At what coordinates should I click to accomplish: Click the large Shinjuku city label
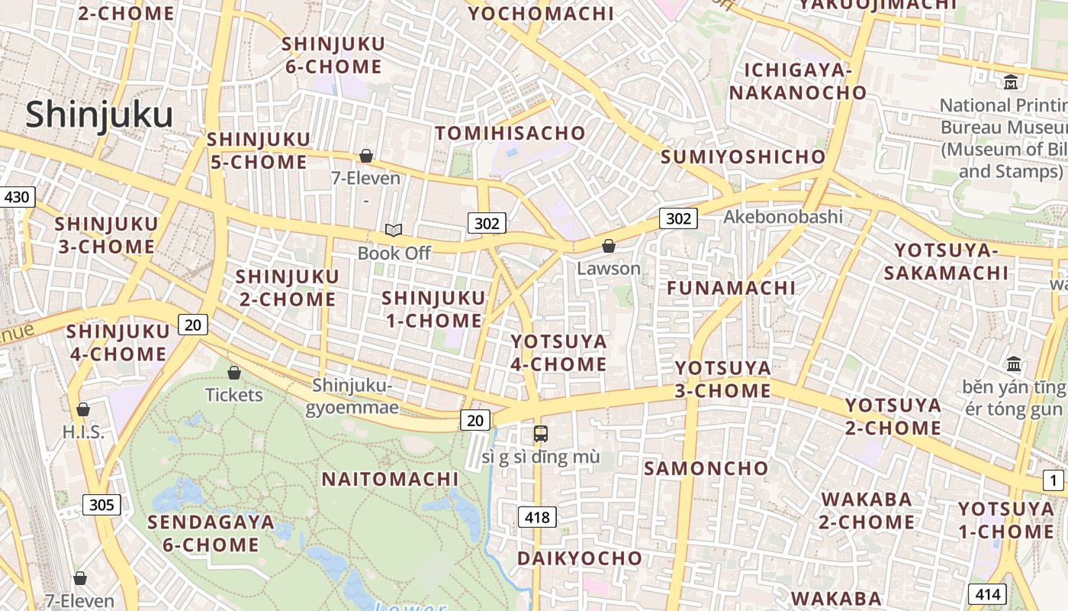tap(99, 115)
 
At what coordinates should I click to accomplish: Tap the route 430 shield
tap(16, 198)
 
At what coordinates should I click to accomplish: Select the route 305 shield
tap(101, 505)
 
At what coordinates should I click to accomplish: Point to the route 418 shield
tap(537, 517)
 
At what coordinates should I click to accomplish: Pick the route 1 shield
tap(1054, 480)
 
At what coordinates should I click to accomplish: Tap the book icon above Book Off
tap(394, 230)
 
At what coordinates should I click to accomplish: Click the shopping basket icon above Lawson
tap(609, 246)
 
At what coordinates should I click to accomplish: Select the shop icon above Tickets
tap(234, 373)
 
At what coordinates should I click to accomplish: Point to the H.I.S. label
tap(83, 432)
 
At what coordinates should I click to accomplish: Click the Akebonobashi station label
tap(783, 217)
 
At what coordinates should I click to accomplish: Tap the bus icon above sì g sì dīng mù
tap(541, 434)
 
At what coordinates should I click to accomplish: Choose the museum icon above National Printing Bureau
tap(1012, 82)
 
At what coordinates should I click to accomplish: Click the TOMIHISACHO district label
tap(510, 133)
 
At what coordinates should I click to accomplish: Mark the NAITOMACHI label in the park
tap(390, 479)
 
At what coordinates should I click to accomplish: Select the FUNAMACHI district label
tap(731, 288)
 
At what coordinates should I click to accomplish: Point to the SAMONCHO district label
tap(706, 468)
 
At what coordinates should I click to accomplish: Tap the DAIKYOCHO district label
tap(580, 558)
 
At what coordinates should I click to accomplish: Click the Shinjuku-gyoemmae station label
tap(352, 396)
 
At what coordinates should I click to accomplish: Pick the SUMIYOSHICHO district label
tap(743, 157)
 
